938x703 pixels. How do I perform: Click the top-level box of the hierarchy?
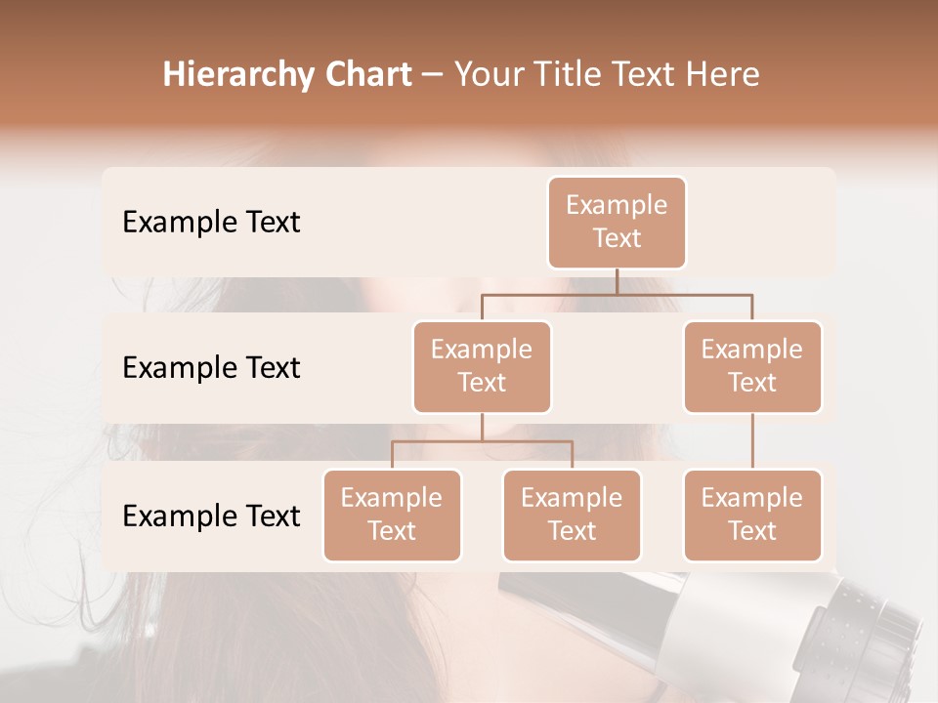tap(617, 223)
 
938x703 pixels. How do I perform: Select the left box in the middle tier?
tap(482, 367)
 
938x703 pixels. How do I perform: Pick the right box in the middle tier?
tap(752, 367)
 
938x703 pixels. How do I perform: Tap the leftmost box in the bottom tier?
tap(392, 516)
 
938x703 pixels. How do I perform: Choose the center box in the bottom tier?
tap(572, 516)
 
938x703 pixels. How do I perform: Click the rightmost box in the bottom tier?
tap(752, 516)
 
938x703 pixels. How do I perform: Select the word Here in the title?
tap(724, 75)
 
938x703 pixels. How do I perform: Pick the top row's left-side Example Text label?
tap(211, 223)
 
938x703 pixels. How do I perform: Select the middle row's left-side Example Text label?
tap(211, 368)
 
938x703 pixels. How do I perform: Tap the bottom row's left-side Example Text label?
tap(211, 517)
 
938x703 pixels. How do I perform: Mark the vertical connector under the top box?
tap(617, 281)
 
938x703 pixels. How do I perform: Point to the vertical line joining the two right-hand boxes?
tap(752, 441)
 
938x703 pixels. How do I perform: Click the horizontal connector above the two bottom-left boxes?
tap(482, 441)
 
